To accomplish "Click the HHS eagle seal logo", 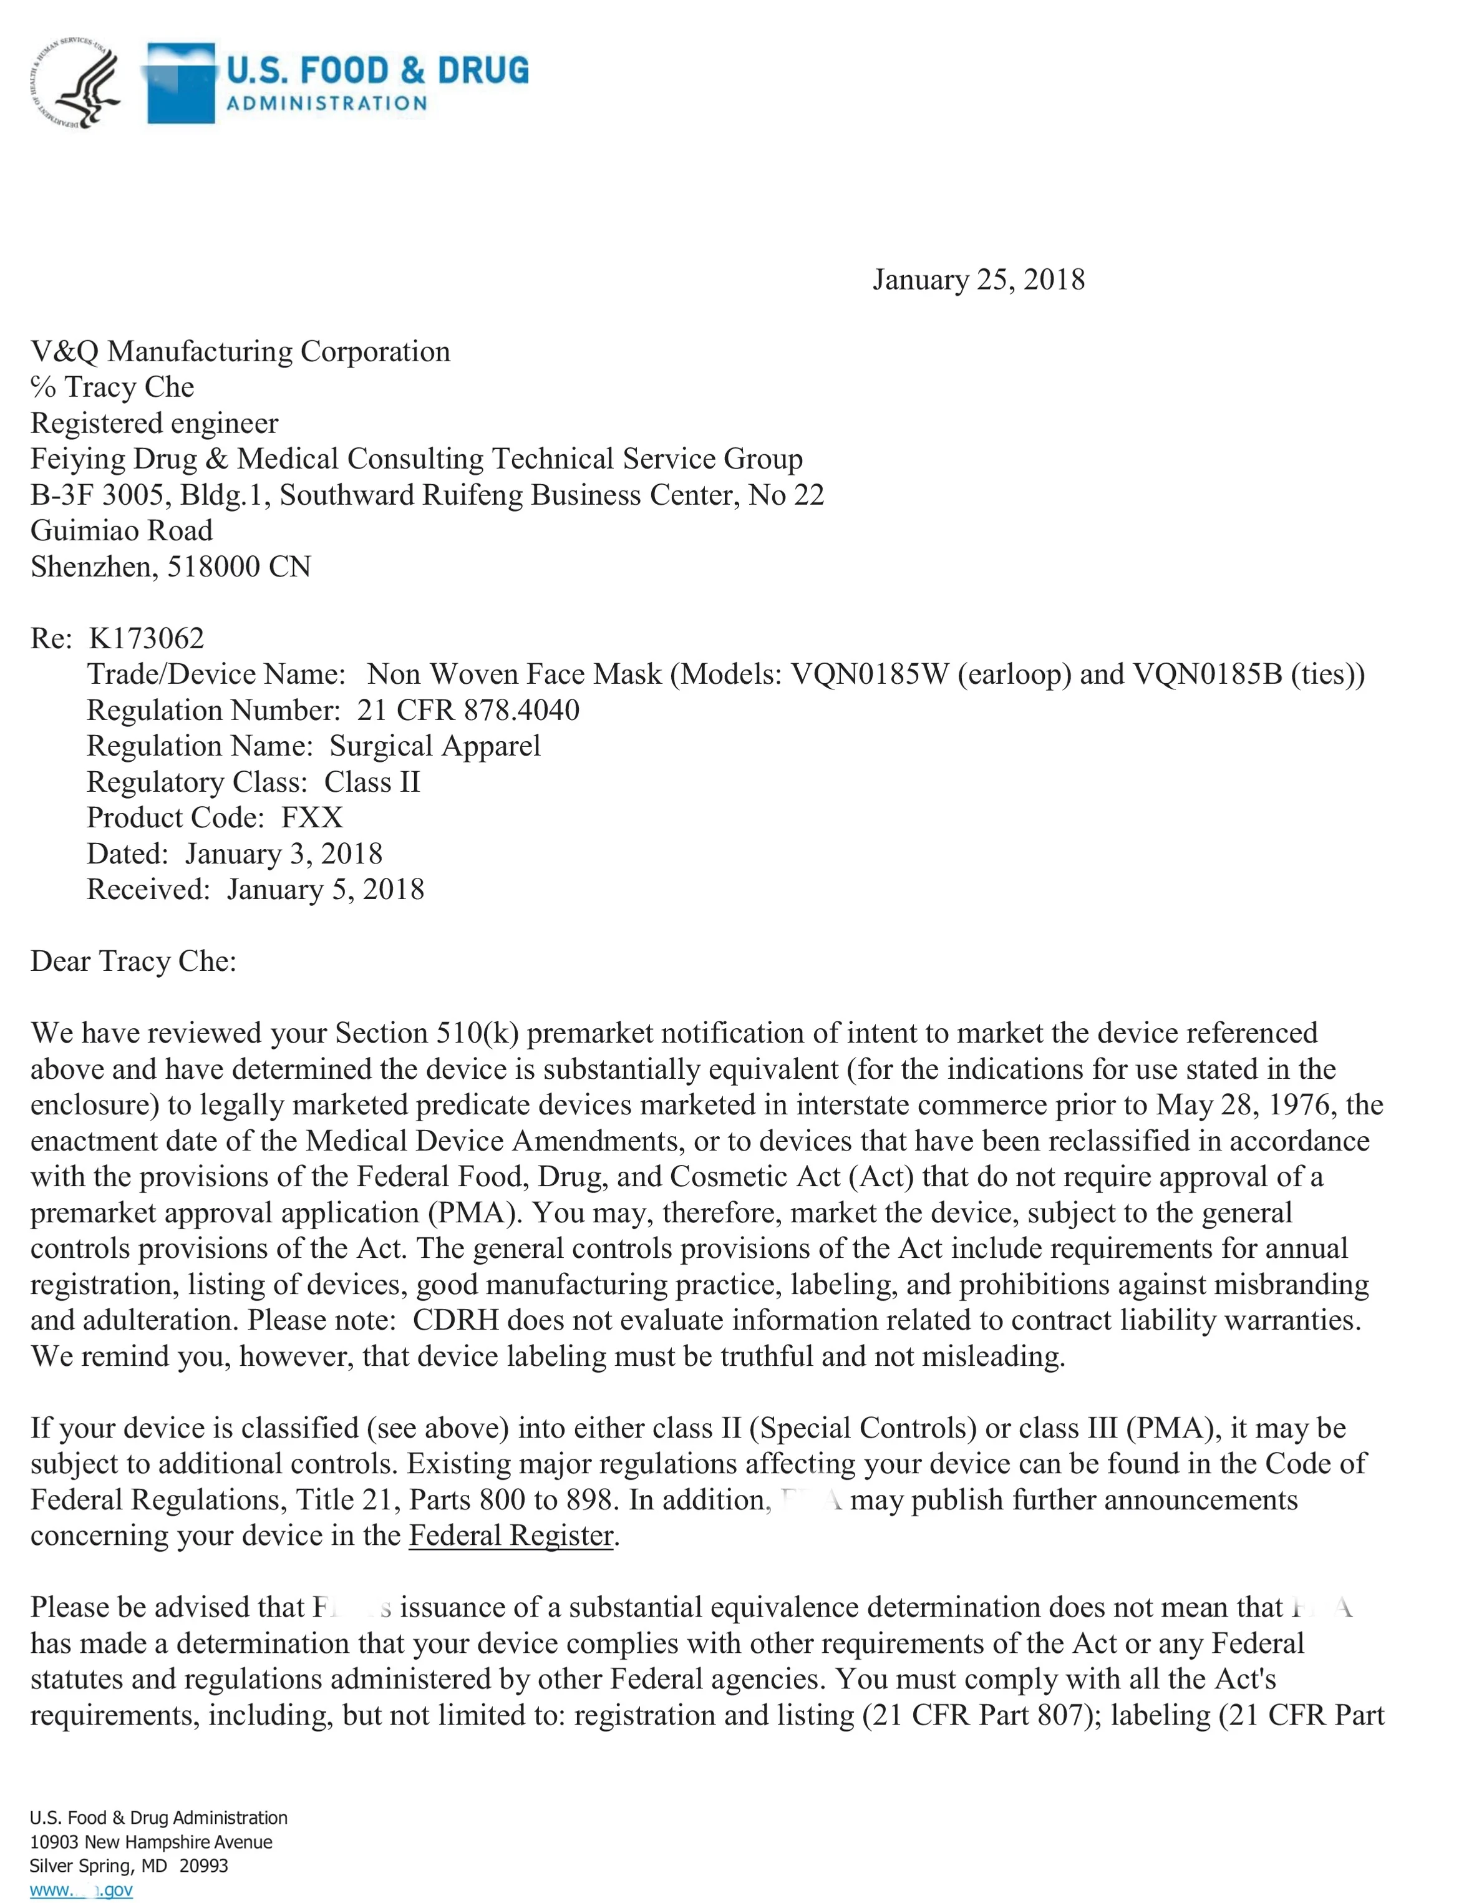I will coord(77,82).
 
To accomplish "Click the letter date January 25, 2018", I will coord(978,280).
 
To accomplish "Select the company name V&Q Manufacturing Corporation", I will coord(241,352).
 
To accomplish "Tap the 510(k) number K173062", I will coord(146,638).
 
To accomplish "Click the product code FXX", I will coord(312,818).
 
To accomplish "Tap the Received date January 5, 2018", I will coord(326,889).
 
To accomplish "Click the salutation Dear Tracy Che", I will coord(133,961).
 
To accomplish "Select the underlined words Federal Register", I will coord(511,1536).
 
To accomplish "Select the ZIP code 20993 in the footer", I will coord(203,1866).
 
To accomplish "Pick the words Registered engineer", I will coord(155,423).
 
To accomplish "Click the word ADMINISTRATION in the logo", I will coord(326,104).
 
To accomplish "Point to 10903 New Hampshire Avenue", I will coord(150,1842).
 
